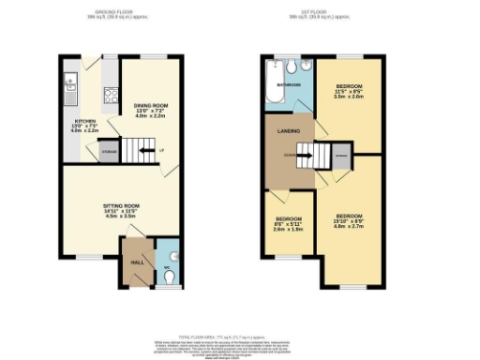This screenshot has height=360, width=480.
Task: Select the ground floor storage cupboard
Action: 110,150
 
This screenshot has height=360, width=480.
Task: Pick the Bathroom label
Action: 288,85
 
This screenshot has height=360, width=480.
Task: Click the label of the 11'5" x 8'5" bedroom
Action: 349,91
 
